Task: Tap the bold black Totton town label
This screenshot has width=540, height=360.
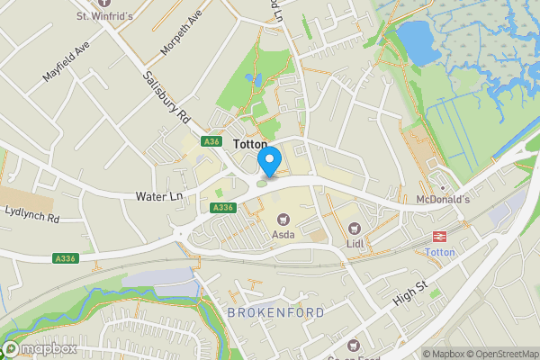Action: click(250, 144)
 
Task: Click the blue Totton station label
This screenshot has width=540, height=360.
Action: click(441, 253)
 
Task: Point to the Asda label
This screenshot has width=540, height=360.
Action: click(284, 235)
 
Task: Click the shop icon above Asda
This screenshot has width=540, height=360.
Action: click(284, 219)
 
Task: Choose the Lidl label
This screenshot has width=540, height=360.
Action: click(355, 243)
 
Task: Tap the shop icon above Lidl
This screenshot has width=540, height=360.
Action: click(355, 228)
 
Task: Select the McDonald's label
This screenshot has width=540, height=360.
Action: click(443, 199)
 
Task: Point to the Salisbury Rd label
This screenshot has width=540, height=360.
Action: click(168, 97)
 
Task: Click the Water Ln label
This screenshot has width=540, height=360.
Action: click(158, 194)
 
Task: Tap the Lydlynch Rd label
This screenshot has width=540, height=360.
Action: click(31, 217)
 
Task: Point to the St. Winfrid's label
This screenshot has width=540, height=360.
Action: click(104, 15)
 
